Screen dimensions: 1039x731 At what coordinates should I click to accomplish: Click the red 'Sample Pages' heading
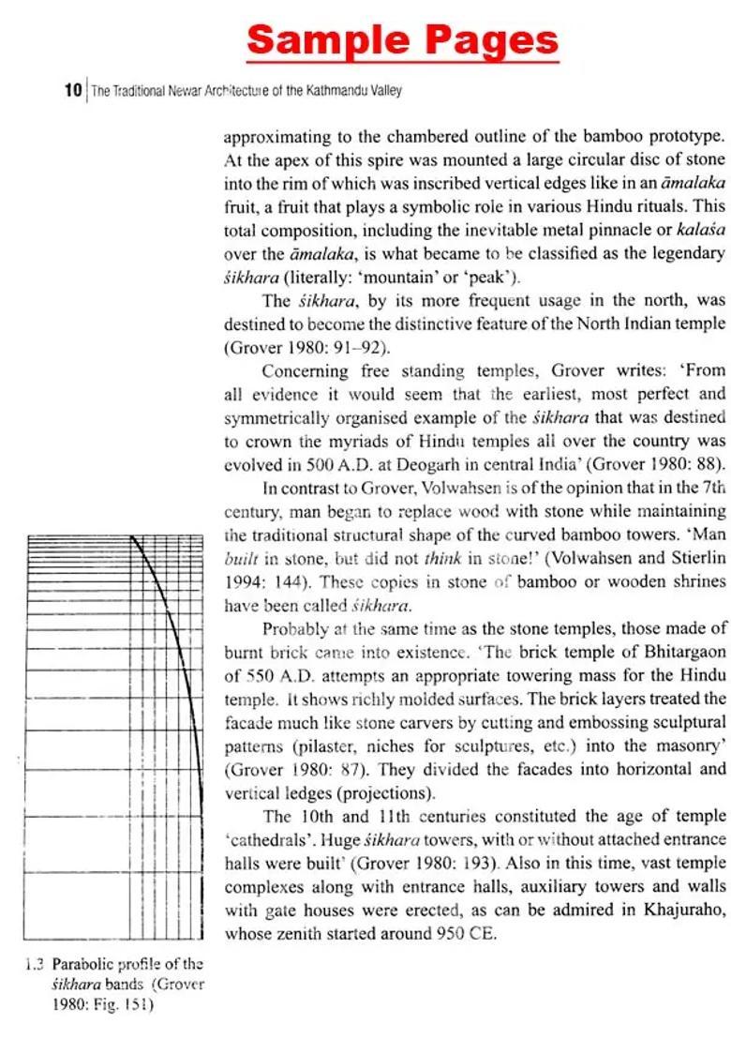point(402,40)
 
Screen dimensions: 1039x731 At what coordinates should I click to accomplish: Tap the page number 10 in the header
point(73,91)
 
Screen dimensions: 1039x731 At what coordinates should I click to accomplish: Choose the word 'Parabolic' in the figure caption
point(83,963)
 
